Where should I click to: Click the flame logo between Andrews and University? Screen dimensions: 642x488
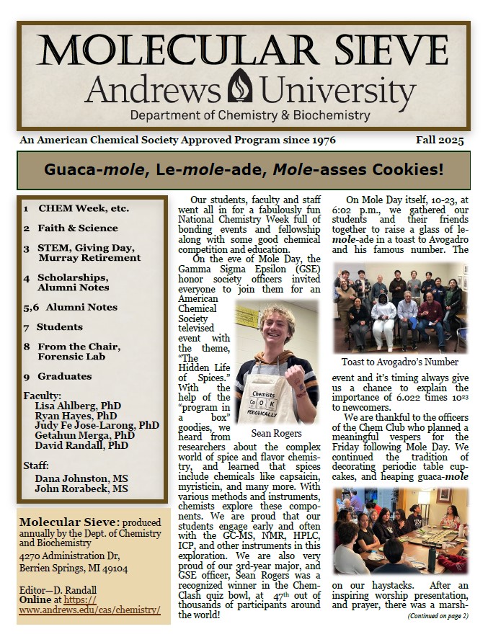tap(240, 87)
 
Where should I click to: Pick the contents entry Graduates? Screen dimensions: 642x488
tap(65, 376)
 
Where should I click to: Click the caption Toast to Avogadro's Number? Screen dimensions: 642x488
tap(400, 362)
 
